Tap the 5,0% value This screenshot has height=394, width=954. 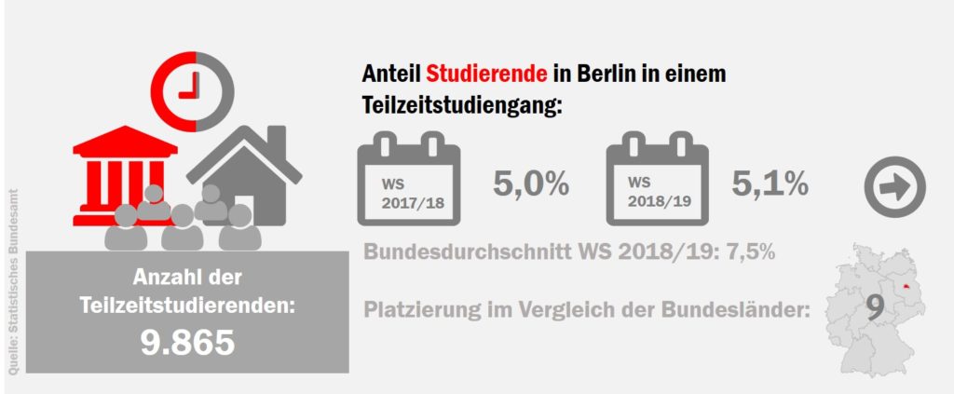coord(531,184)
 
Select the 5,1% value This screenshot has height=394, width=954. coord(770,184)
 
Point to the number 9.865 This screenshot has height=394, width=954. coord(186,343)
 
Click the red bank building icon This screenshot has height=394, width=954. coord(125,172)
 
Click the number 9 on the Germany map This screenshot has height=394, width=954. coord(875,308)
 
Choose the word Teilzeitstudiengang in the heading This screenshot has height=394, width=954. coord(461,105)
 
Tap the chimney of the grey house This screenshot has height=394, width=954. coord(277,140)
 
